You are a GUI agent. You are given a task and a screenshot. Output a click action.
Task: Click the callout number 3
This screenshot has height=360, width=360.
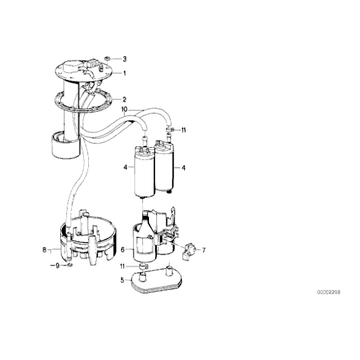(125, 59)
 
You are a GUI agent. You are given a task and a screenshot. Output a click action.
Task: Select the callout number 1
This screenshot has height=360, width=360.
(125, 73)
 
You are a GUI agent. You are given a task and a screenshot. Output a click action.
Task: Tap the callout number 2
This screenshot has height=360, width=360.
(124, 99)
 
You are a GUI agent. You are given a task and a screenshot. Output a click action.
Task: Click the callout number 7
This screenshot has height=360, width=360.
(204, 250)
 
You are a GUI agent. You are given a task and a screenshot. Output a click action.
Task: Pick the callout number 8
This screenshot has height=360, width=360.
(44, 250)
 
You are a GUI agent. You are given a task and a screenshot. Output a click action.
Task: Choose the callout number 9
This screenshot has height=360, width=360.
(57, 266)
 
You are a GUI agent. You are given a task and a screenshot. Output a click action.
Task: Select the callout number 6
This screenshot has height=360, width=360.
(122, 250)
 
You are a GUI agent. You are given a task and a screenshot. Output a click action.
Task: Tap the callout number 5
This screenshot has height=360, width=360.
(122, 280)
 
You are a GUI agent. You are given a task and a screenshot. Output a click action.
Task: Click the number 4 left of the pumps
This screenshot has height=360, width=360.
(125, 168)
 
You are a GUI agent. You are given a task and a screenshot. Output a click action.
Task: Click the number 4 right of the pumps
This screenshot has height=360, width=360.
(183, 168)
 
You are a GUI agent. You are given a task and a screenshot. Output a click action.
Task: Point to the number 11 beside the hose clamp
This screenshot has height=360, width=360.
(183, 130)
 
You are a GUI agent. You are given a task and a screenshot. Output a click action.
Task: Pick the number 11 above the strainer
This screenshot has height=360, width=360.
(122, 266)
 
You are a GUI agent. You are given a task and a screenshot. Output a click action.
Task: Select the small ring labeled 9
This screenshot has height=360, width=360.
(70, 266)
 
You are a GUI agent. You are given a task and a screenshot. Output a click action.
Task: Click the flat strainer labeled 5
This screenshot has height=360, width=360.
(156, 281)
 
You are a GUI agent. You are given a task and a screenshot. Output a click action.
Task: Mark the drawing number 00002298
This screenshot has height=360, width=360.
(329, 292)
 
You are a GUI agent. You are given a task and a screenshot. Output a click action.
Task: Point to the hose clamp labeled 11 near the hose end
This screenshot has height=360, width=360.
(169, 130)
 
